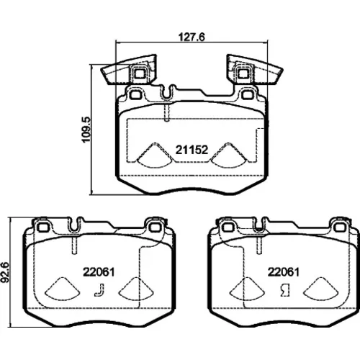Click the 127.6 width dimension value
[x=192, y=37]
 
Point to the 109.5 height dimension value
[x=86, y=130]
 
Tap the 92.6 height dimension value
[x=5, y=272]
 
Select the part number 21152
[x=192, y=150]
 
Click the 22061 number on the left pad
[x=99, y=272]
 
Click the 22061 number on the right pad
[x=284, y=272]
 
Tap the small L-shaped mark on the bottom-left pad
[x=99, y=289]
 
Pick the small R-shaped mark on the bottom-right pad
[x=285, y=290]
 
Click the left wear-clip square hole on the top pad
[x=139, y=73]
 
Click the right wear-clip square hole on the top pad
[x=243, y=73]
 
